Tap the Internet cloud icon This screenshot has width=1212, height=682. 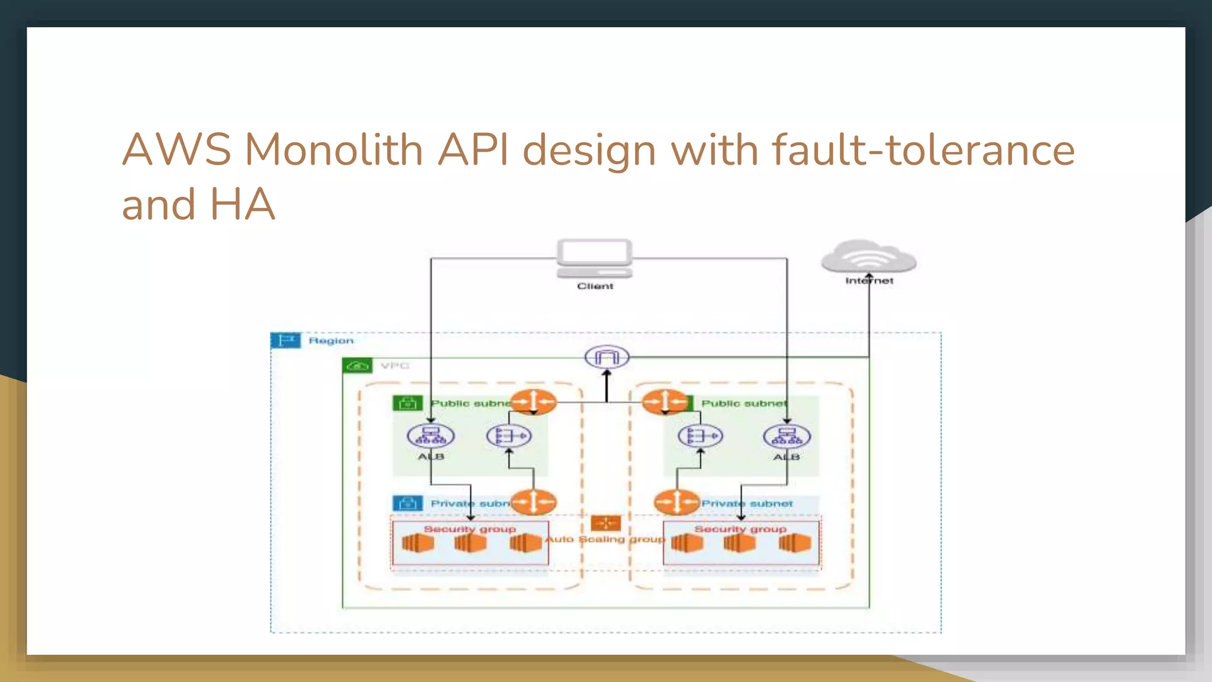[868, 257]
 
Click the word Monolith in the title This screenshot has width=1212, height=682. [333, 149]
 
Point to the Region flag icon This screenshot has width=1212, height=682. [286, 340]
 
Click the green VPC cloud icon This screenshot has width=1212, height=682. [357, 366]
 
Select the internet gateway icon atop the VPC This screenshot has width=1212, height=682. [607, 357]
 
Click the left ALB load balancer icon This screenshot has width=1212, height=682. [431, 436]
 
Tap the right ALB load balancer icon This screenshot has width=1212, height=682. [786, 437]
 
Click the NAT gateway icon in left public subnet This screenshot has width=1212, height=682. [509, 436]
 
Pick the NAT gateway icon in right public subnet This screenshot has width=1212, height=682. [700, 436]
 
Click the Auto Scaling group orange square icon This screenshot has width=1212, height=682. [606, 523]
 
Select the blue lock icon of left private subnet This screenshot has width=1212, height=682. [407, 503]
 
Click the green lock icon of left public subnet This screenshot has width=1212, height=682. [407, 403]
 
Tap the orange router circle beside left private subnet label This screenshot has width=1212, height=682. [533, 502]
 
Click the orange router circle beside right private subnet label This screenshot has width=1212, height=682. [677, 502]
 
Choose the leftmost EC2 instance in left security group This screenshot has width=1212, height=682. [417, 543]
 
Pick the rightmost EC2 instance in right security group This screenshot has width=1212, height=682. [794, 543]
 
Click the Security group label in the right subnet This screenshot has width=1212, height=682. [740, 529]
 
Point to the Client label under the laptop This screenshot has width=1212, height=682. [595, 286]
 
